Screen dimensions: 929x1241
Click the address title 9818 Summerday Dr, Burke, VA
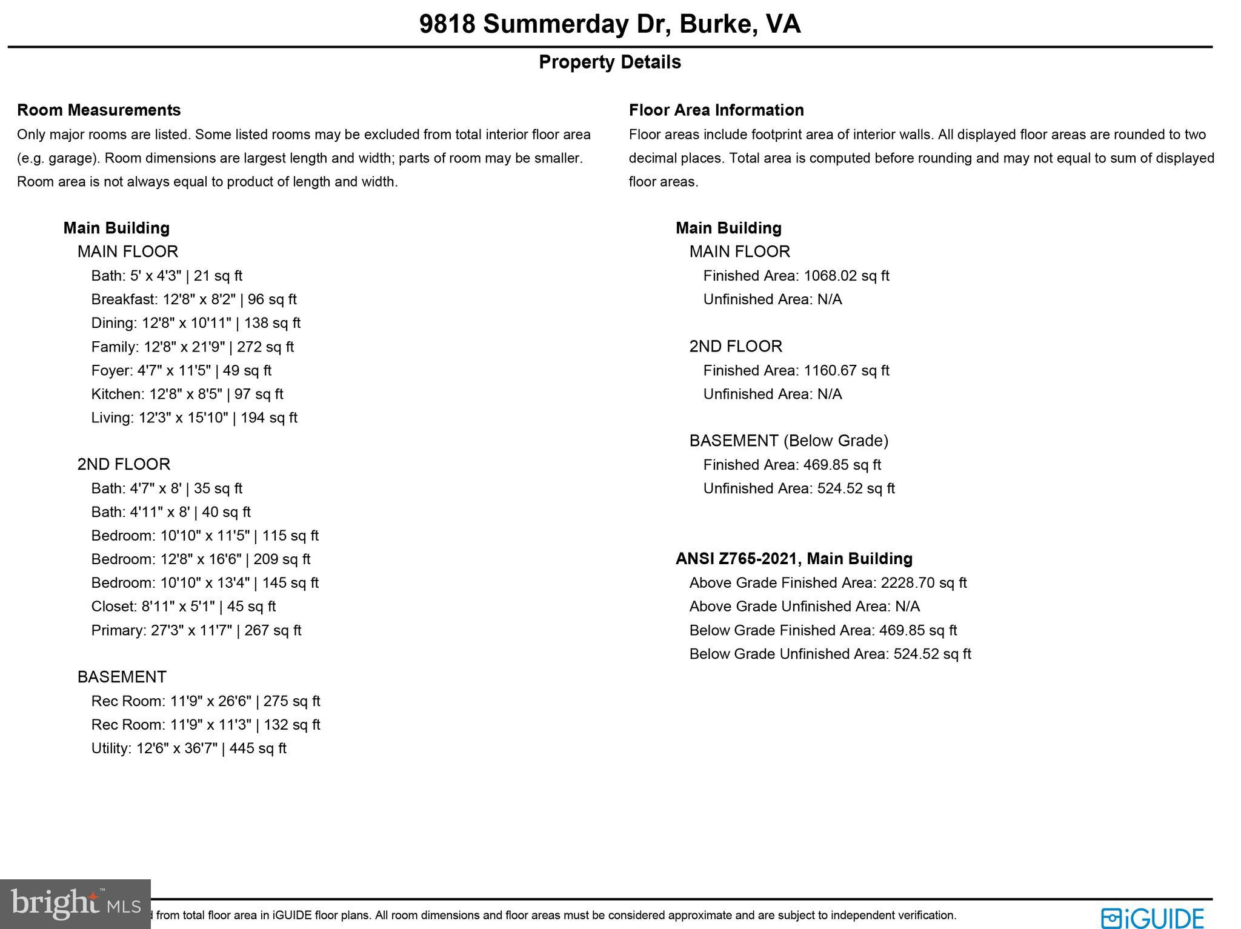coord(610,24)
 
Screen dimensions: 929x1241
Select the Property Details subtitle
coord(610,62)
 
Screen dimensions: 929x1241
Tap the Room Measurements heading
coord(99,110)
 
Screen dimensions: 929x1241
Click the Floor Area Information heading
coord(716,110)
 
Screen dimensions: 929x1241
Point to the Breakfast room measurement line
coord(194,299)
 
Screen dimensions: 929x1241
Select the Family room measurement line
coord(192,347)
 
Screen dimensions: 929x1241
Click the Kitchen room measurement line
coord(187,394)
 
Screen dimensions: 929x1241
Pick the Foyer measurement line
coord(181,370)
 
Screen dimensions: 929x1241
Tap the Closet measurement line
coord(183,606)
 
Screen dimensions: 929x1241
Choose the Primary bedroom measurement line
coord(196,630)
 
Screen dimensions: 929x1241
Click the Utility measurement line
coord(188,748)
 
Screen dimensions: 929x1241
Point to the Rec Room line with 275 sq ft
coord(205,701)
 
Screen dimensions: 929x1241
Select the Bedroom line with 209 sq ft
coord(201,559)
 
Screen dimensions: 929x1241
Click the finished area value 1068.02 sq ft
coord(846,276)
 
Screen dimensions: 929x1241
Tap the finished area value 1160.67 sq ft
coord(846,370)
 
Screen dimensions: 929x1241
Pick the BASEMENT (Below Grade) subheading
coord(788,441)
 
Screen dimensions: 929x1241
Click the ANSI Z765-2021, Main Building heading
coord(794,558)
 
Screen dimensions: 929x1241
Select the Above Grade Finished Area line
coord(828,582)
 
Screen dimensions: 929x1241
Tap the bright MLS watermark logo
coord(75,904)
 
